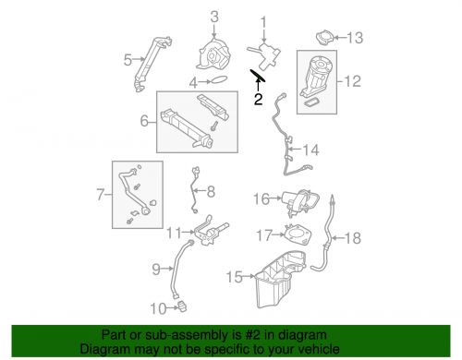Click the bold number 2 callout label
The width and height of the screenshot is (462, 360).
pos(258,99)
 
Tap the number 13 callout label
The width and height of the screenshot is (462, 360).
pos(355,38)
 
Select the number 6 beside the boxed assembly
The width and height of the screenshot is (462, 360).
pos(144,121)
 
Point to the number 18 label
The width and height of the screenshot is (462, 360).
pos(353,238)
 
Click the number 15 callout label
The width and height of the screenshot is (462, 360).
pos(235,277)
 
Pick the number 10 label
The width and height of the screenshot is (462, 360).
pos(158,308)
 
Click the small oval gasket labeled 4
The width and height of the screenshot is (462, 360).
pos(218,80)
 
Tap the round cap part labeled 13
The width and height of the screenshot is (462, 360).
pos(324,38)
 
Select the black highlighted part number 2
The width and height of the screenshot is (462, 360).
pos(258,75)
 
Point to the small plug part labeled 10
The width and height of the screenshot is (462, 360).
pos(182,306)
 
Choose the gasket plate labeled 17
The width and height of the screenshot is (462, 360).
pos(298,234)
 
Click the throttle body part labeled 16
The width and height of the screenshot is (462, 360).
pos(299,202)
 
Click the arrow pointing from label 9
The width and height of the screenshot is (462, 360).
pos(167,269)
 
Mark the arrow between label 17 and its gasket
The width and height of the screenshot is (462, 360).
pos(279,234)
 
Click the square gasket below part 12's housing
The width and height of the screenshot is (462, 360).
pos(311,102)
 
